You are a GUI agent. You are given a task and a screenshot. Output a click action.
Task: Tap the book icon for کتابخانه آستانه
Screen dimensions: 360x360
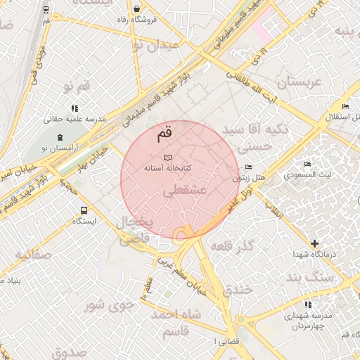[x=167, y=157]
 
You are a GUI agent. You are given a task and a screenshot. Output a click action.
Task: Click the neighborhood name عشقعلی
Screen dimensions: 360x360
[x=184, y=191]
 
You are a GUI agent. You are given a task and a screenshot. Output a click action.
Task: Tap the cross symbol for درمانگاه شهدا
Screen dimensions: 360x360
[x=315, y=243]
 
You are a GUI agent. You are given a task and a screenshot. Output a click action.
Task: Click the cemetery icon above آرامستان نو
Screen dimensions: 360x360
[x=59, y=136]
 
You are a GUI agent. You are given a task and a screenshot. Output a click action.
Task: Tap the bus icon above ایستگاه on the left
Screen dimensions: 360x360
[x=85, y=210]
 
